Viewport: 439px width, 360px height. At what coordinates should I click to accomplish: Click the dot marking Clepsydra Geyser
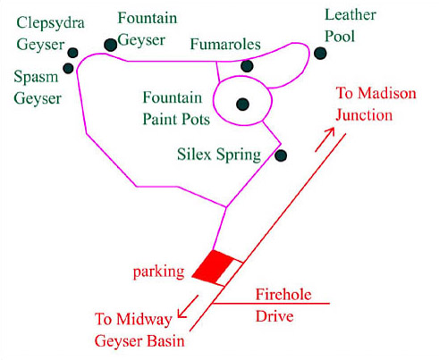pos(72,53)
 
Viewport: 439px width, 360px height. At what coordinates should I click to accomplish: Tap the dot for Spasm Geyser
pos(68,68)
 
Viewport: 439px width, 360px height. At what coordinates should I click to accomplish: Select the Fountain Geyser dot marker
pos(111,45)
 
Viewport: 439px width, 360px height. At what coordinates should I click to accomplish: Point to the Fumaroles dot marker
pos(247,66)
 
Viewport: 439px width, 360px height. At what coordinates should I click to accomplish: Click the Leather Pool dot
pos(320,54)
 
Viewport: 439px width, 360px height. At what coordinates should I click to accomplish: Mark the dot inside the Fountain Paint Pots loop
pos(242,105)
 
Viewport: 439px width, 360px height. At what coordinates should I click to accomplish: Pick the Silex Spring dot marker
pos(281,155)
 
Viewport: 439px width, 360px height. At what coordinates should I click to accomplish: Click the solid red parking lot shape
pos(213,267)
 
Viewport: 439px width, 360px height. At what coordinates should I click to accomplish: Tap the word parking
pos(158,272)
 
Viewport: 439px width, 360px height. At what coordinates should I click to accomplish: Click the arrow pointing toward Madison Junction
pos(325,139)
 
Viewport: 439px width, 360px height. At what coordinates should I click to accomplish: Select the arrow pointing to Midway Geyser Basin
pos(188,306)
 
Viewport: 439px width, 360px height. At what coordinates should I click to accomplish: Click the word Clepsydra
pos(51,23)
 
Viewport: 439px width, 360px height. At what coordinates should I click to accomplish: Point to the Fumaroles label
pos(225,44)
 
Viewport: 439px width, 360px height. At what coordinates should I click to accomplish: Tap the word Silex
pos(195,155)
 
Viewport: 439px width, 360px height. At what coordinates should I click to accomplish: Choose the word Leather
pos(350,14)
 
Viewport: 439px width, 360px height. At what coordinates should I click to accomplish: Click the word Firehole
pos(283,295)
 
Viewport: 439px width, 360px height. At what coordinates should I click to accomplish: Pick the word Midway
pos(144,320)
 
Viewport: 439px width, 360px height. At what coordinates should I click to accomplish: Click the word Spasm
pos(36,77)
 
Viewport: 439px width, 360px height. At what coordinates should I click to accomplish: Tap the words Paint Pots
pos(176,119)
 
